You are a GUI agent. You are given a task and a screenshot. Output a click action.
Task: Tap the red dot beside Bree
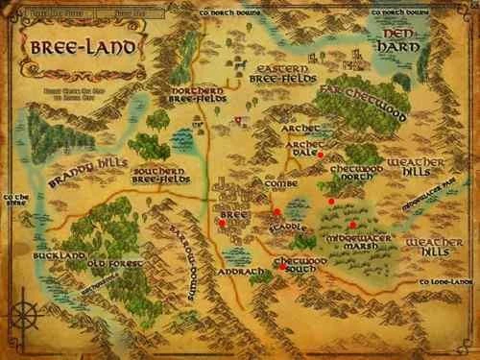pyautogui.click(x=223, y=222)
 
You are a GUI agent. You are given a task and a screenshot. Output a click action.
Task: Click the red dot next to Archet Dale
pyautogui.click(x=321, y=155)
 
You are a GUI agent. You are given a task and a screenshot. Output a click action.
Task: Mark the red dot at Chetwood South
pyautogui.click(x=281, y=269)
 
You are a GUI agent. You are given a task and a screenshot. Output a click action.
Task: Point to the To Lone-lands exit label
pyautogui.click(x=445, y=282)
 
